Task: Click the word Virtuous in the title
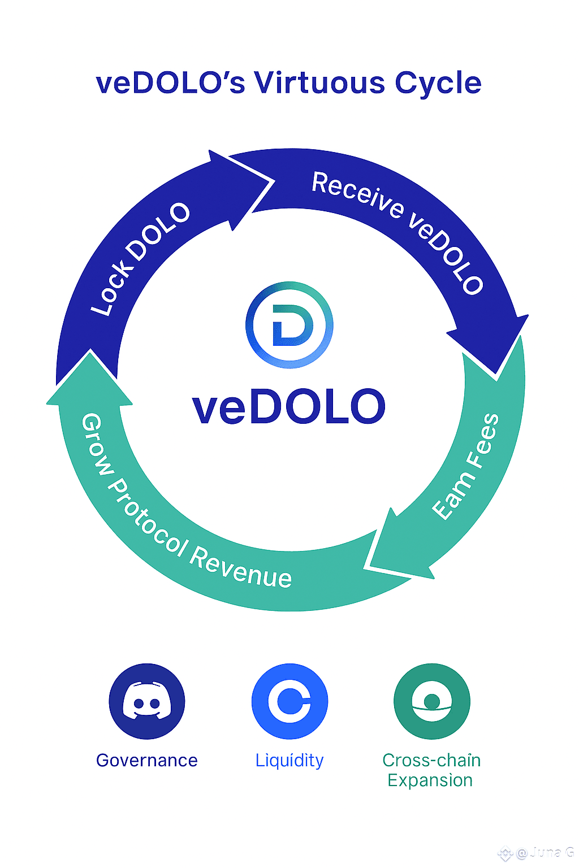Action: pyautogui.click(x=319, y=83)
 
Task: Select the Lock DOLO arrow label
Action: pyautogui.click(x=140, y=259)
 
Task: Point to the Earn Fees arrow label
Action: pyautogui.click(x=465, y=466)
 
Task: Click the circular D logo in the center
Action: pyautogui.click(x=289, y=325)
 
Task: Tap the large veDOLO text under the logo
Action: pyautogui.click(x=289, y=406)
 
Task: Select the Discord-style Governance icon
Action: pyautogui.click(x=147, y=701)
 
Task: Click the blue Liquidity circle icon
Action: pyautogui.click(x=289, y=701)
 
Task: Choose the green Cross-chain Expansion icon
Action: pyautogui.click(x=432, y=701)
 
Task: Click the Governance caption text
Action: pyautogui.click(x=147, y=760)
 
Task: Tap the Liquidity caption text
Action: pyautogui.click(x=289, y=761)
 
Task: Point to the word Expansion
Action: pyautogui.click(x=430, y=780)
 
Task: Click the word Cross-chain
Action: pyautogui.click(x=431, y=760)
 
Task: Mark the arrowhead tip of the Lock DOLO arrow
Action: pyautogui.click(x=275, y=181)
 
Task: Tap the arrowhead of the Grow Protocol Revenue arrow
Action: pyautogui.click(x=90, y=350)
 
